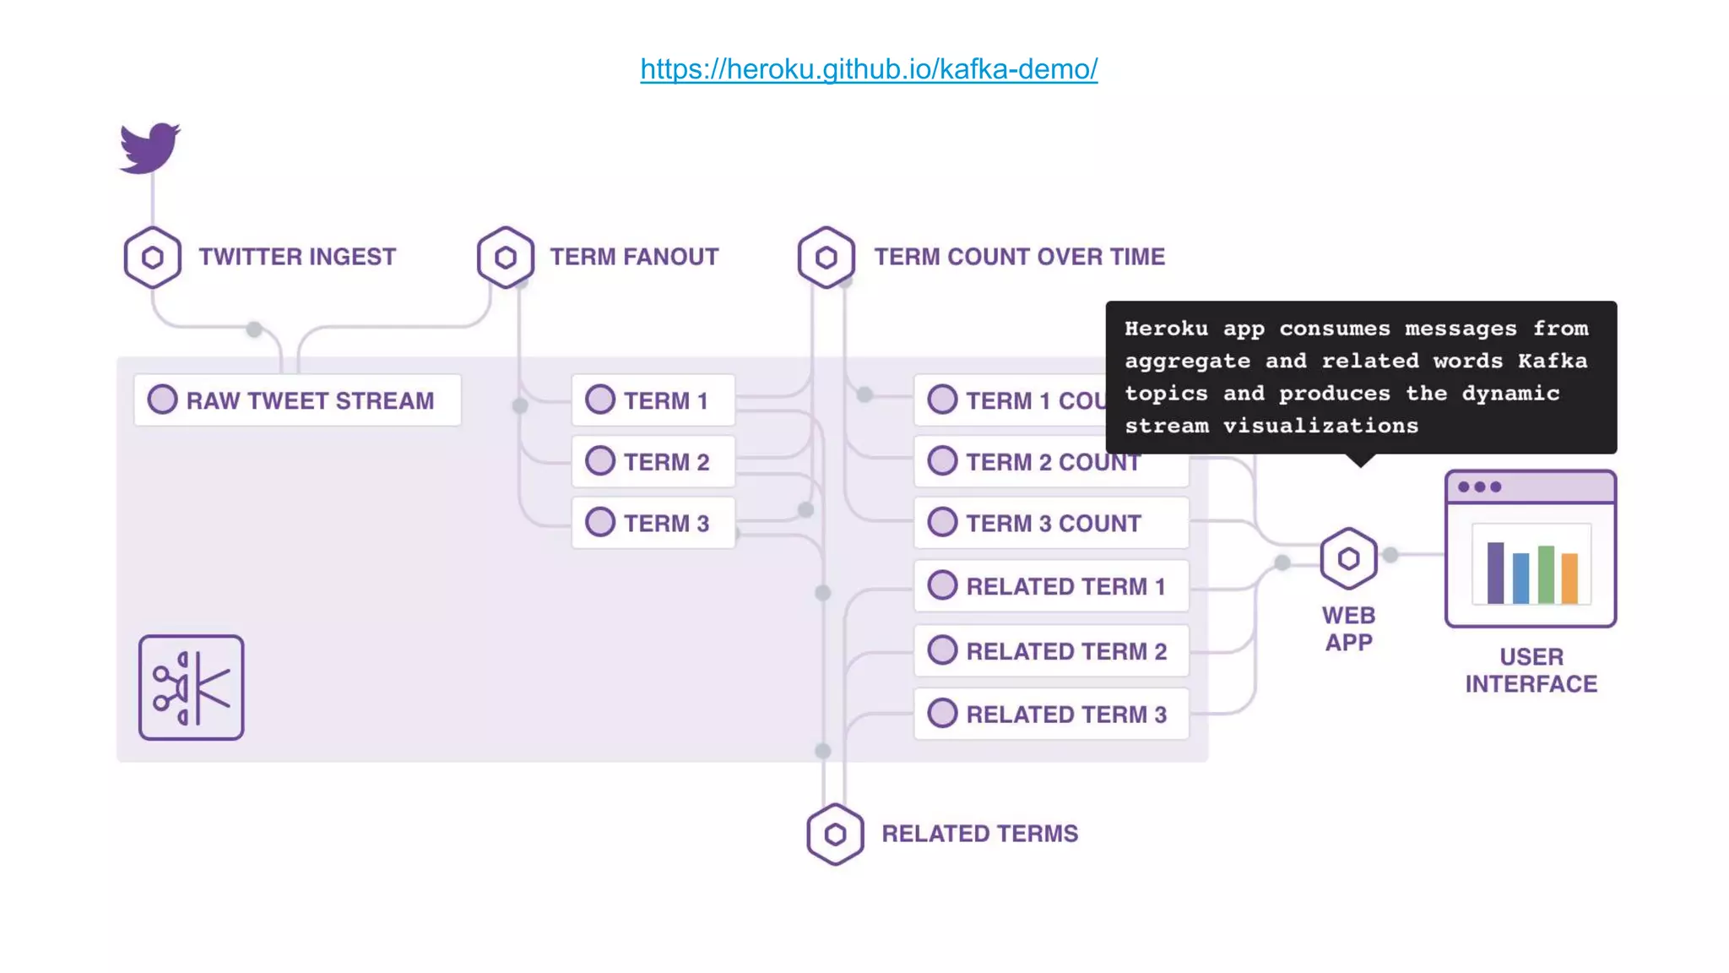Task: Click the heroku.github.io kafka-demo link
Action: tap(869, 68)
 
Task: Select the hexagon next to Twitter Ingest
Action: tap(153, 257)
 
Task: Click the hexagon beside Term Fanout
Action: tap(506, 257)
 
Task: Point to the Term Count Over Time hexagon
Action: tap(827, 257)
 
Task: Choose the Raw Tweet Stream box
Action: tap(297, 400)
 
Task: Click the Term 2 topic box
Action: tap(653, 462)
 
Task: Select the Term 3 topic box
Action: tap(653, 523)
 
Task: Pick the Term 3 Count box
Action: tap(1051, 523)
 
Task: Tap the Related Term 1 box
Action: tap(1051, 586)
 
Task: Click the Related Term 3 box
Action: tap(1051, 715)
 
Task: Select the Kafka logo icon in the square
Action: tap(192, 688)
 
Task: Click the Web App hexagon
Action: tap(1348, 558)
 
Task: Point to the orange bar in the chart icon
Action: tap(1569, 579)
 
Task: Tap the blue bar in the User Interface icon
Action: tap(1520, 579)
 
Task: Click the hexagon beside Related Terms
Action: tap(835, 834)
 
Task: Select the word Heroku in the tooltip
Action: tap(1166, 329)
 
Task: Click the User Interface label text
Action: tap(1531, 671)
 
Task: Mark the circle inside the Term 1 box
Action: tap(600, 400)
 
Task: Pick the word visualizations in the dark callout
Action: tap(1320, 426)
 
